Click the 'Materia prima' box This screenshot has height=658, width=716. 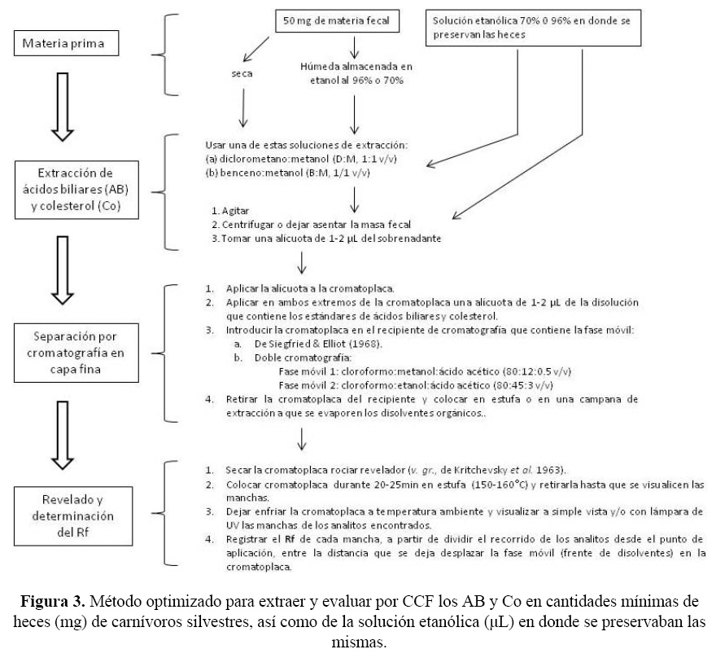tap(63, 42)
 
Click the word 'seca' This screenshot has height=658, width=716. tap(242, 74)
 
